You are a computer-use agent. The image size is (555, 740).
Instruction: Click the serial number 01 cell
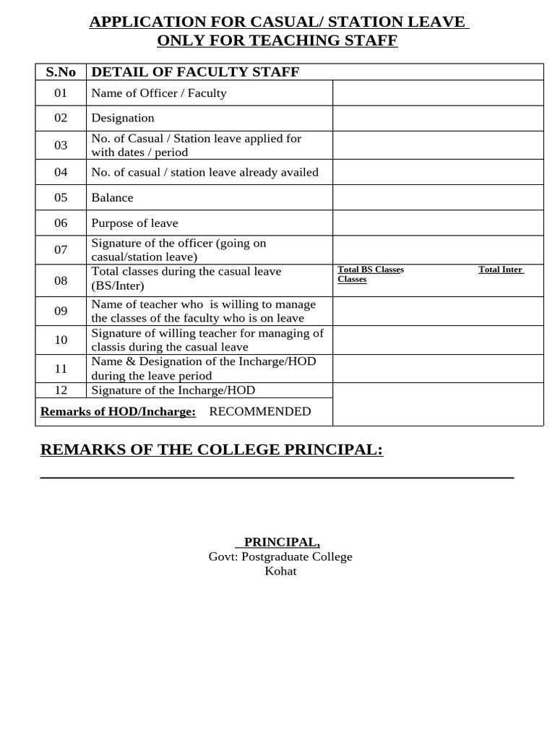pos(61,93)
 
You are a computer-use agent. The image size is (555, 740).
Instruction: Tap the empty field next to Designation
pos(437,118)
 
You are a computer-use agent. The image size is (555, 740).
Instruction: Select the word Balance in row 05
pos(112,197)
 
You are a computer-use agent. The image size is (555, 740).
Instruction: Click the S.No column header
pos(61,72)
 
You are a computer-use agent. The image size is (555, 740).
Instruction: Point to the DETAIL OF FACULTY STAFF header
pos(195,72)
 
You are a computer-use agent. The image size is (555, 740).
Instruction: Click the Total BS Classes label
pos(371,270)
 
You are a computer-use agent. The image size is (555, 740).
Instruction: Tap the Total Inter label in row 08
pos(500,270)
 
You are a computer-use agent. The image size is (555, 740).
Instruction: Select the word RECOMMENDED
pos(260,411)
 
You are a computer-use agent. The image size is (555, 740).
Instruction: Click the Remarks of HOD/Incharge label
pos(118,411)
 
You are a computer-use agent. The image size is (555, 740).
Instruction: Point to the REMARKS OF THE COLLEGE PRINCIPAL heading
pos(212,449)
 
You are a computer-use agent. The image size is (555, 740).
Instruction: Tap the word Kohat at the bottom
pos(280,571)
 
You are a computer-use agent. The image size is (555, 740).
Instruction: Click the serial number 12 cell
pos(61,390)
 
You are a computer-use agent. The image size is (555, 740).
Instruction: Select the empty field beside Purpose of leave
pos(437,223)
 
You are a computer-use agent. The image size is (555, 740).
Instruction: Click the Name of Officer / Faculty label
pos(159,93)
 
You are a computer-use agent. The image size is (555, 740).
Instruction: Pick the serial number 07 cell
pos(61,250)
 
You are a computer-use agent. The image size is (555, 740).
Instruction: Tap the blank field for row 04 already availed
pos(437,172)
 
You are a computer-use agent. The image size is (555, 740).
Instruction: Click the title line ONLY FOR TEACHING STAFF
pos(277,40)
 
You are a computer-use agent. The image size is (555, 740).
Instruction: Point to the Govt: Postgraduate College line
pos(280,556)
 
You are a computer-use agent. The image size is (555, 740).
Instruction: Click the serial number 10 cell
pos(61,340)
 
